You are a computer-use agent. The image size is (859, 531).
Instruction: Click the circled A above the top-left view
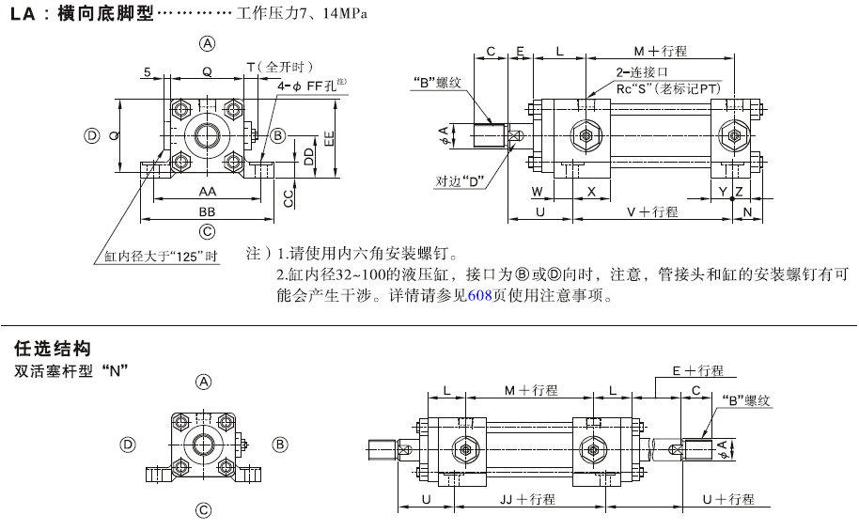coord(207,43)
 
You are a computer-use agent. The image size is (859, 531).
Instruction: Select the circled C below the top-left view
coord(207,231)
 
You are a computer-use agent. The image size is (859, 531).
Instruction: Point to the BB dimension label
coord(207,211)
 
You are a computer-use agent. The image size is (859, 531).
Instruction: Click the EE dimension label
coord(328,138)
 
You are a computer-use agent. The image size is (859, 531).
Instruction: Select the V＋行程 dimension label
coord(651,212)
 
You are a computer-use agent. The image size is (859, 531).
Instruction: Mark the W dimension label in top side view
coord(537,192)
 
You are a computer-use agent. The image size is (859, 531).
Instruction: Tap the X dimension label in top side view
coord(591,192)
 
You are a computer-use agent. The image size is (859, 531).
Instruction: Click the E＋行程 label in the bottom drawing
coord(696,371)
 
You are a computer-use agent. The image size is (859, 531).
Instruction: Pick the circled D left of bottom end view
coord(129,444)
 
